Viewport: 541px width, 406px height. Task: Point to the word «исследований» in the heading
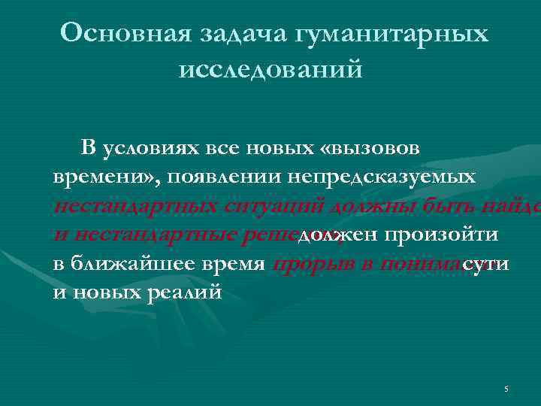click(x=270, y=70)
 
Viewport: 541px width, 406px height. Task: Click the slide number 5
click(x=506, y=389)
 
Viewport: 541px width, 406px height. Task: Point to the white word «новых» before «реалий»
click(x=109, y=292)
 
